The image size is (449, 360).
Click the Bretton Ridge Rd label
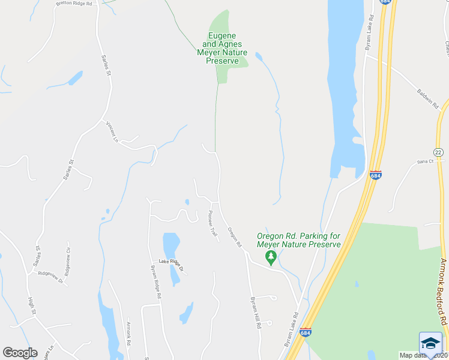(x=74, y=4)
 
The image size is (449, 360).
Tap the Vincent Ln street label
(x=112, y=131)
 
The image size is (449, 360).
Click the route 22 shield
(x=438, y=152)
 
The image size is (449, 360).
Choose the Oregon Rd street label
(x=235, y=237)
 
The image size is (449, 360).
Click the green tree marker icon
(x=271, y=257)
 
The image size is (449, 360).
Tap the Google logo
(x=20, y=353)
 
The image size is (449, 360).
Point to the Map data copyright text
(x=423, y=355)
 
